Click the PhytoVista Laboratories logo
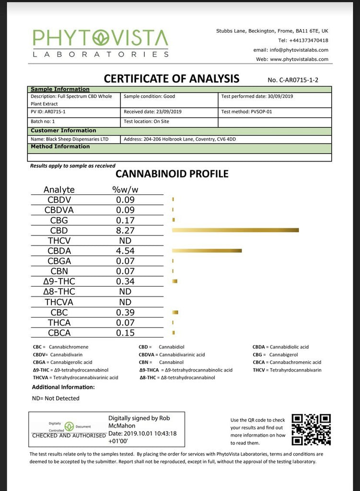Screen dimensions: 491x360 point(100,43)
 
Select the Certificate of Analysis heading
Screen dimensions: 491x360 point(172,78)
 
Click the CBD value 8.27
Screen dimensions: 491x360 point(125,231)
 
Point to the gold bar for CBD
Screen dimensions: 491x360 point(235,231)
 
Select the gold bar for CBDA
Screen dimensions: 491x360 point(207,251)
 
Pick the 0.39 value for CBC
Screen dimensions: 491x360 point(125,312)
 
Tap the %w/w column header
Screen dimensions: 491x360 point(125,189)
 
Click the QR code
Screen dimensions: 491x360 point(311,429)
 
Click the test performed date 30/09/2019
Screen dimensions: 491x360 point(278,96)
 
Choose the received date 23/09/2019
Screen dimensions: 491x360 point(161,112)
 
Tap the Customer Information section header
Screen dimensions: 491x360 point(63,130)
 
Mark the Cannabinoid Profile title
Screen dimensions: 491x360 point(172,174)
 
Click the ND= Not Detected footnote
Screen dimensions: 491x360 point(56,398)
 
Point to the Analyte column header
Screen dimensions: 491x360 point(59,189)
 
